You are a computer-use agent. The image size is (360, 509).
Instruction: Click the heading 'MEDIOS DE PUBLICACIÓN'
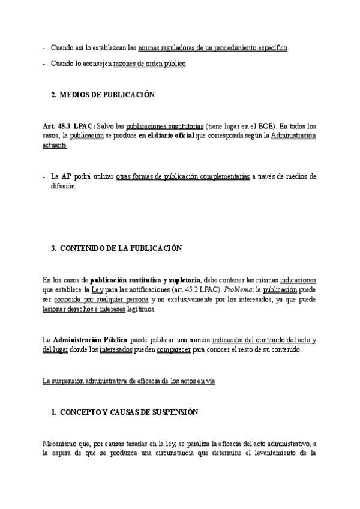coord(107,95)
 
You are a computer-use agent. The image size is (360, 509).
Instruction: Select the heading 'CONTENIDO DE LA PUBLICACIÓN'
coord(121,248)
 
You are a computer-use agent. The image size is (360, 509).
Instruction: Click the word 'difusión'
coord(64,187)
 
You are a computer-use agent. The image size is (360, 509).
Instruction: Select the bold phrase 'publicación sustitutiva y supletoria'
coord(145,279)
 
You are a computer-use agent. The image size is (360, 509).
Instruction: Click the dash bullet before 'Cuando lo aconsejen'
coord(44,63)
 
